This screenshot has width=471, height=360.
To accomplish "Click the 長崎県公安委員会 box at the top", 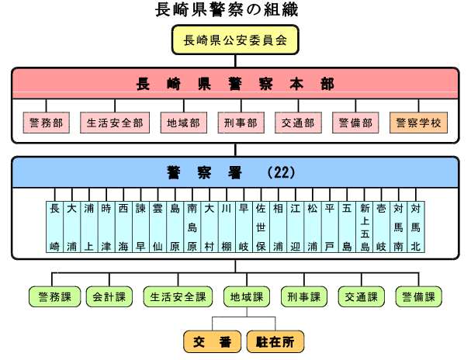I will coord(235,41).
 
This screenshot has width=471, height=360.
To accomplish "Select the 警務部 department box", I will coord(47,123).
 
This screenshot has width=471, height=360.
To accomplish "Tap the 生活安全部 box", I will coord(115,123).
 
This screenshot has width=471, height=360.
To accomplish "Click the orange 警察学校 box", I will coord(418,123).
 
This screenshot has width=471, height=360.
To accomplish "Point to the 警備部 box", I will coord(356,123).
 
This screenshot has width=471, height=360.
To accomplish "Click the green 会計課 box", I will coord(109,296).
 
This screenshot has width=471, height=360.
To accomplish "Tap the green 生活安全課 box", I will coord(178,296).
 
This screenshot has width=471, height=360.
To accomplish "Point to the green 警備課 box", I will coord(418,296).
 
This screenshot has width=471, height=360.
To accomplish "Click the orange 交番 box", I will coord(212,341).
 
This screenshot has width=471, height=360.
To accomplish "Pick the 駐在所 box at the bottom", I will coord(275,341).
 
